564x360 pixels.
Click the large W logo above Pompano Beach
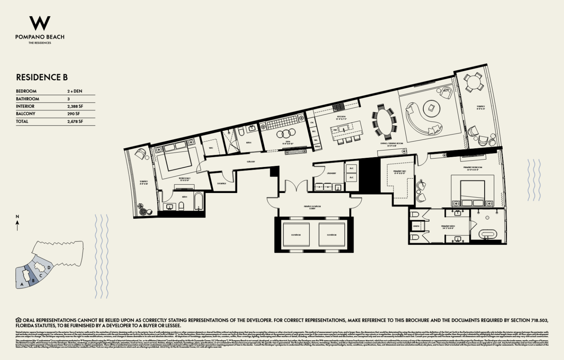[x=40, y=23]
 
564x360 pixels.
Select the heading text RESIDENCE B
[x=42, y=77]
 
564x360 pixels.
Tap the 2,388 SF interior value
[x=75, y=106]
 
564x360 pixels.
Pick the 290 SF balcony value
[x=73, y=114]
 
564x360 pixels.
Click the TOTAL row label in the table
[x=22, y=121]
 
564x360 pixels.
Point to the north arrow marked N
[x=17, y=222]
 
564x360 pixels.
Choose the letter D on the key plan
[x=49, y=268]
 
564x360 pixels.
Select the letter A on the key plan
[x=22, y=284]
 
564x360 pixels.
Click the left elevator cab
[x=296, y=235]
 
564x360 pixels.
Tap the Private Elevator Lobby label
[x=312, y=207]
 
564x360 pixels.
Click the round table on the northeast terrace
[x=473, y=83]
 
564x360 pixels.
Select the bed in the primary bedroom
[x=473, y=191]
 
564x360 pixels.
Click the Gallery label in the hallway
[x=251, y=161]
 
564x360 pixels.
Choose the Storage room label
[x=221, y=183]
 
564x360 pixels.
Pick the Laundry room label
[x=331, y=173]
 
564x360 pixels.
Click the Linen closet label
[x=416, y=226]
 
